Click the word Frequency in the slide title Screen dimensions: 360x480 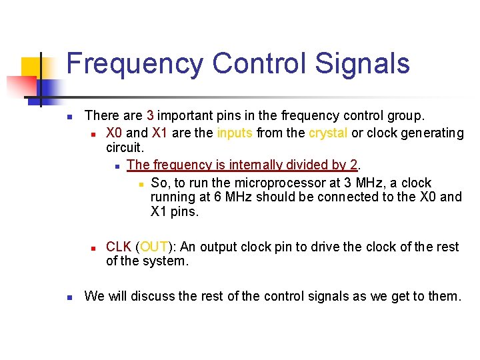coord(135,65)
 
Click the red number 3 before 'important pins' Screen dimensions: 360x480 coord(150,116)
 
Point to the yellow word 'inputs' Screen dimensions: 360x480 coord(233,133)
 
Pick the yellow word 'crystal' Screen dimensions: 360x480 coord(327,133)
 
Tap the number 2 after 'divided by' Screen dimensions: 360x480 coord(354,165)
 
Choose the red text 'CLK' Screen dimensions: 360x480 coord(119,247)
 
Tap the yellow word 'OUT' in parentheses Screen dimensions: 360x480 coord(153,247)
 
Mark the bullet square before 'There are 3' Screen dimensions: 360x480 coord(69,117)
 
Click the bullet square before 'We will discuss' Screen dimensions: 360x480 coord(69,297)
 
